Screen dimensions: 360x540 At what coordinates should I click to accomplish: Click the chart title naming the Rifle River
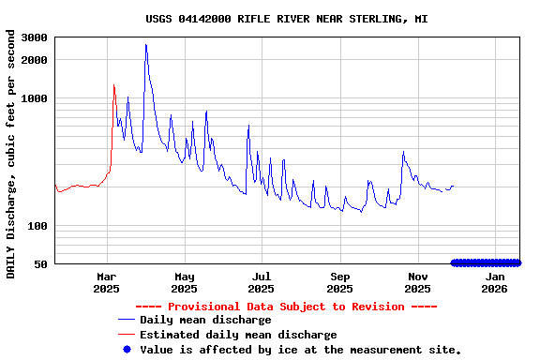287,19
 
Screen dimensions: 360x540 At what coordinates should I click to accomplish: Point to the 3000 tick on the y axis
34,37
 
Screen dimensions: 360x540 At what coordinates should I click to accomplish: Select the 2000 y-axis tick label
34,60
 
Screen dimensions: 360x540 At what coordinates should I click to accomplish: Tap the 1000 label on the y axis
34,98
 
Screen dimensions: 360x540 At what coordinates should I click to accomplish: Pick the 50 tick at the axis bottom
40,264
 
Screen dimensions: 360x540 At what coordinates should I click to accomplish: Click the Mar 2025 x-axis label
107,283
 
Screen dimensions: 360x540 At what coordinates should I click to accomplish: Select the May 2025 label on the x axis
185,283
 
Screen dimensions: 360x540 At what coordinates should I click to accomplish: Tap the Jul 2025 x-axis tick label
262,283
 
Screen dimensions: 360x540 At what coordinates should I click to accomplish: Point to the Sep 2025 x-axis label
340,283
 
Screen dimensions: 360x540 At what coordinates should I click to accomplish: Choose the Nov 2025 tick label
418,283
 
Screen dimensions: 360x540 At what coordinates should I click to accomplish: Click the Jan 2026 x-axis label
496,283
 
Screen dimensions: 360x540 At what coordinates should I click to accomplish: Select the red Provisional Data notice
286,307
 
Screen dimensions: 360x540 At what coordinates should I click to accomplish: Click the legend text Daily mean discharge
205,321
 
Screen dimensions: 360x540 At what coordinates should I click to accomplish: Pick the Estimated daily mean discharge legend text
238,335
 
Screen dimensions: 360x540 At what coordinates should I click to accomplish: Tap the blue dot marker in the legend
127,350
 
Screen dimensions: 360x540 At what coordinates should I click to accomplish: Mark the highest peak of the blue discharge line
146,44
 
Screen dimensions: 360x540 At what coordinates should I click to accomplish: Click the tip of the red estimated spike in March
113,85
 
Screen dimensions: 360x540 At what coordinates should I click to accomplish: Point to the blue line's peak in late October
403,152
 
